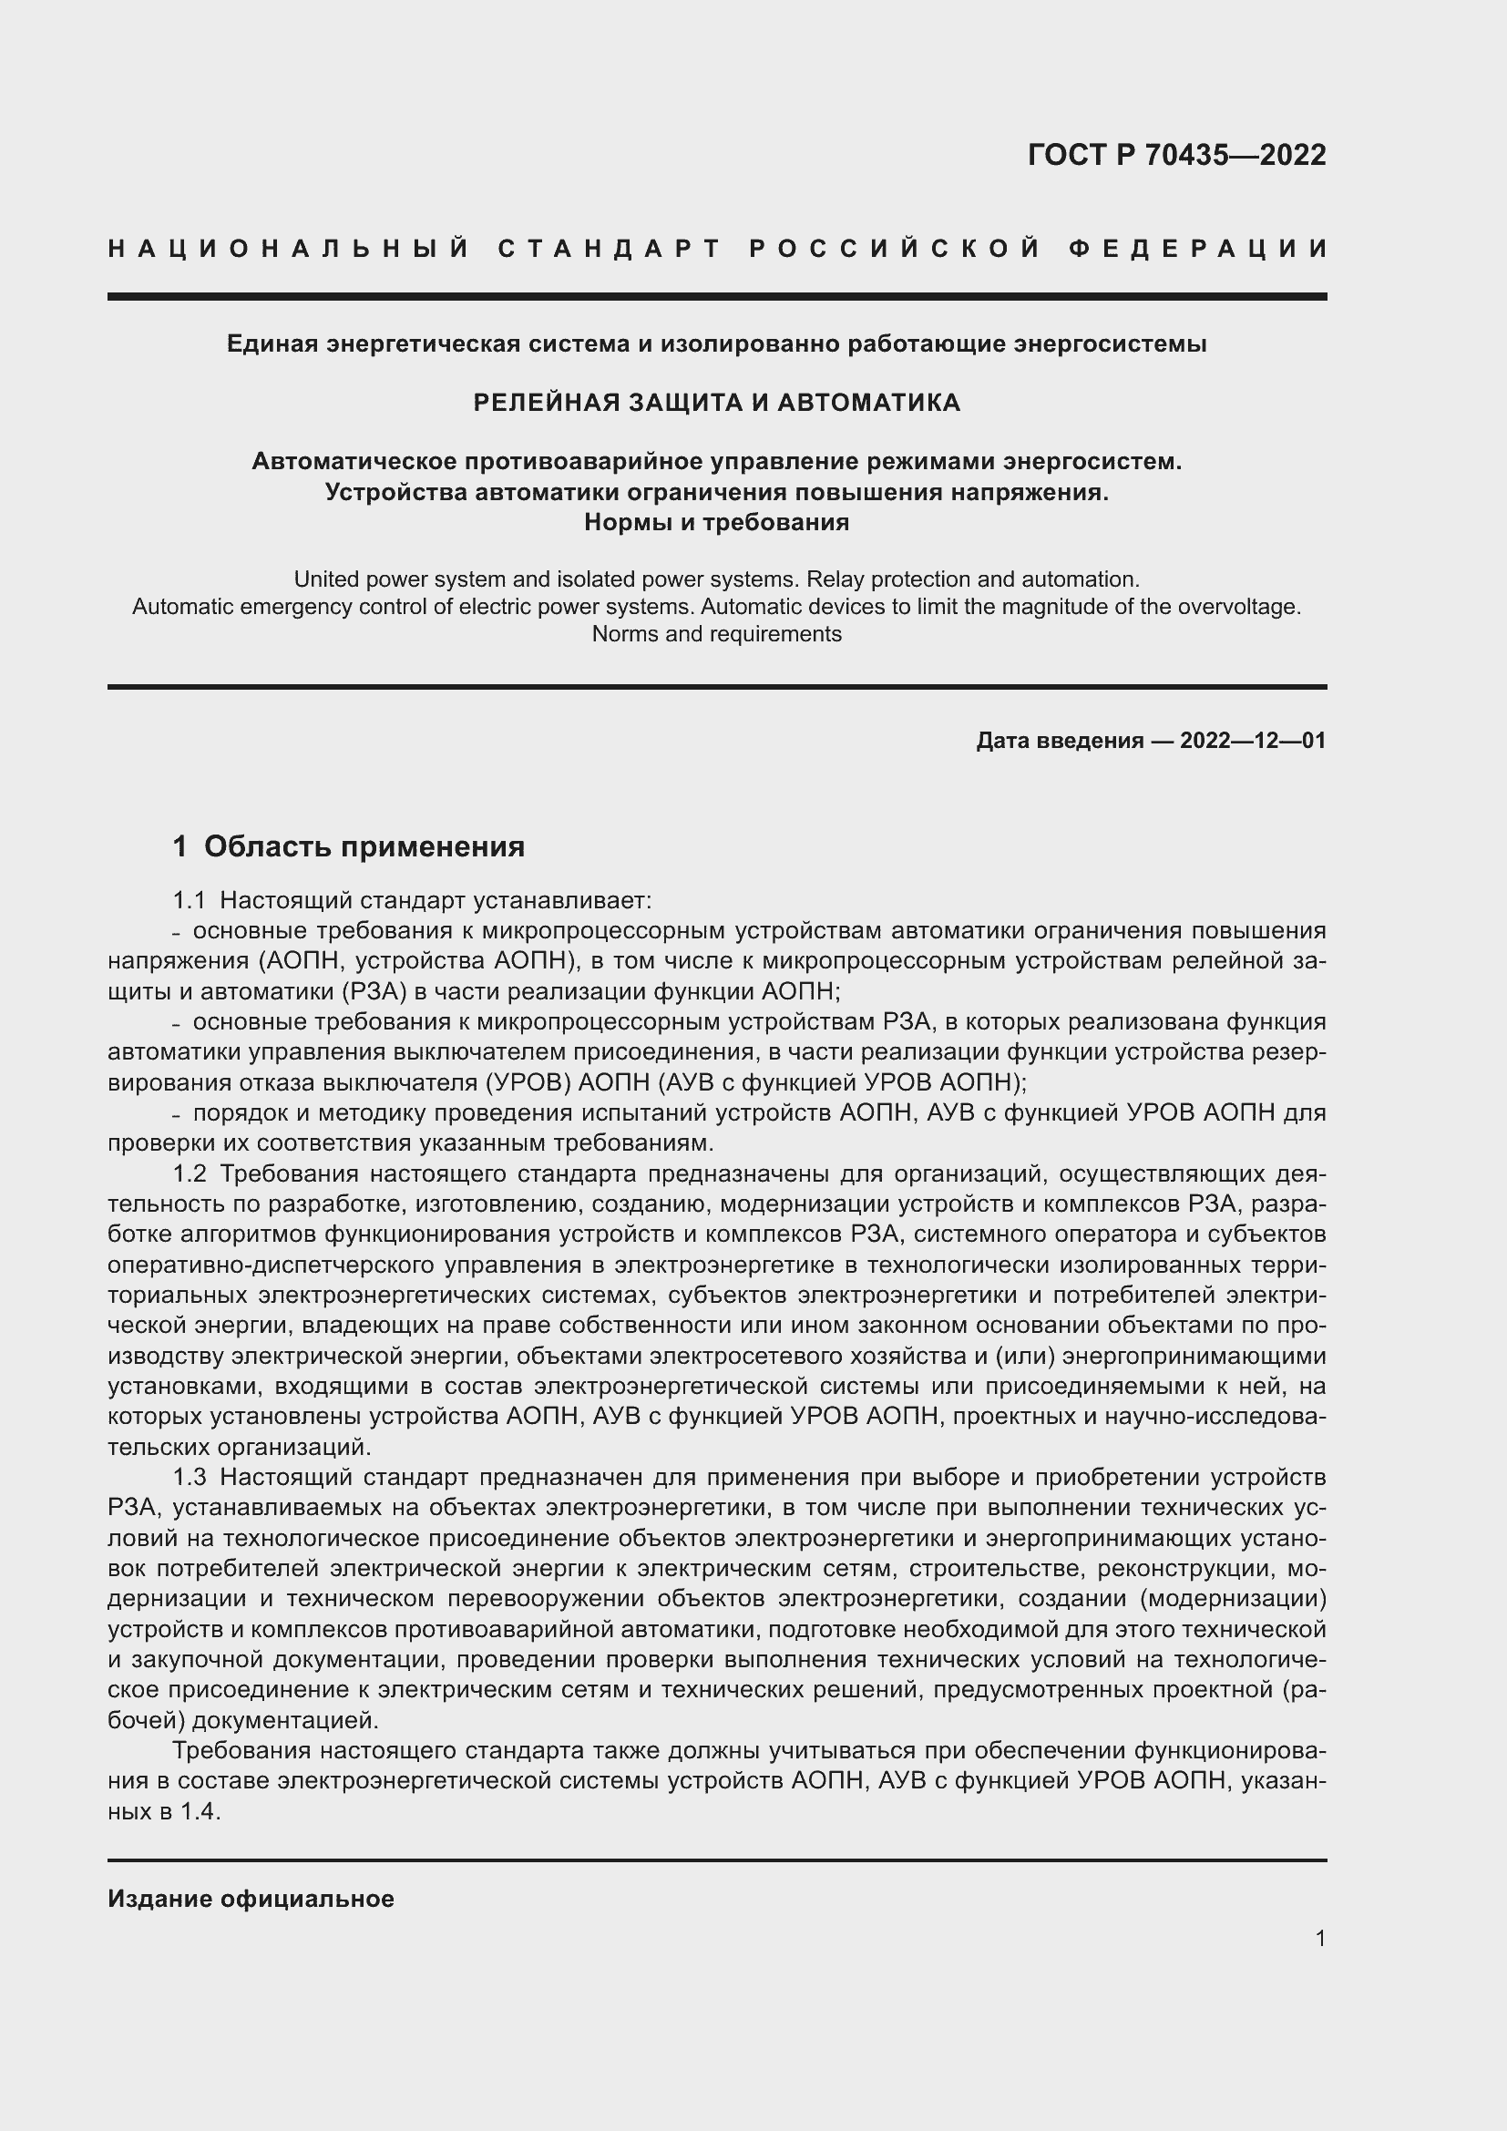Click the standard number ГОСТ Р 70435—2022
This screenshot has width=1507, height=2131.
1175,155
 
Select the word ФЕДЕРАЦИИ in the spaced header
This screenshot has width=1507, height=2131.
1198,249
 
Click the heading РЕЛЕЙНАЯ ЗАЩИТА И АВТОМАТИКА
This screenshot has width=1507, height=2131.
716,402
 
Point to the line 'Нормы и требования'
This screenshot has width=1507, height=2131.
716,523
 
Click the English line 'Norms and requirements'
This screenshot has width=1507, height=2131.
716,634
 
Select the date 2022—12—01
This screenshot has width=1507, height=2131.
1253,740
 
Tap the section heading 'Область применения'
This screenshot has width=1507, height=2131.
364,846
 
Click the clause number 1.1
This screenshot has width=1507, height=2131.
190,900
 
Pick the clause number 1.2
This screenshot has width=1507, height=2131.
190,1173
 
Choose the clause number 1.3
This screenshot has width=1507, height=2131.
190,1477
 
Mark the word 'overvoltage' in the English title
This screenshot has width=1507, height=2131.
1237,607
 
